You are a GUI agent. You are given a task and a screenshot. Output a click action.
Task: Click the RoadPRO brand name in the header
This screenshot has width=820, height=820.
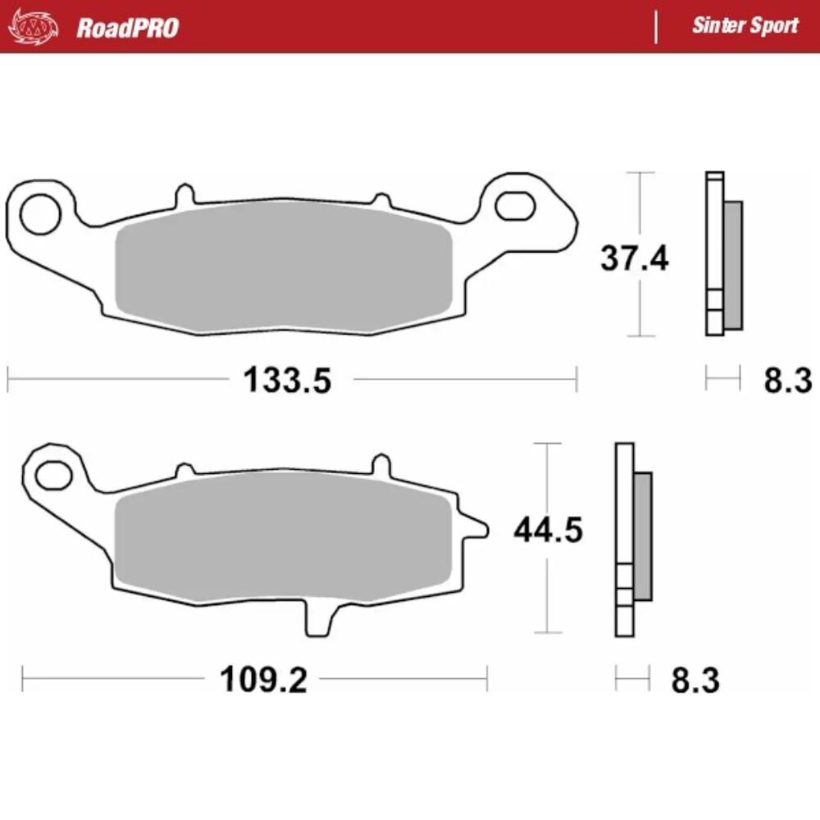click(127, 28)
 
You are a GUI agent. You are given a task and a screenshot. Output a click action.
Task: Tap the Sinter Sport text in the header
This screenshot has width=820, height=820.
click(745, 25)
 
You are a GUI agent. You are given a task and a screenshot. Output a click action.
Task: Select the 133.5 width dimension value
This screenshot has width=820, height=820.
click(287, 380)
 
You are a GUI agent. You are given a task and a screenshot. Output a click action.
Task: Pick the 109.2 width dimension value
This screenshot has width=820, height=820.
click(263, 680)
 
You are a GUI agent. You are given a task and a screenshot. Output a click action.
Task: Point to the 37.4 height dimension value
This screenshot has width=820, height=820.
click(634, 259)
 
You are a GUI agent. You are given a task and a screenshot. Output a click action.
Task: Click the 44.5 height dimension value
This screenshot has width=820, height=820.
click(548, 531)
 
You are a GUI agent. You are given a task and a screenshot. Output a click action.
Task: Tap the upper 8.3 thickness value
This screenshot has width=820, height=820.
click(787, 380)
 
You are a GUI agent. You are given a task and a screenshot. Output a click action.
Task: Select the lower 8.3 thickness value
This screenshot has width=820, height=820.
click(695, 681)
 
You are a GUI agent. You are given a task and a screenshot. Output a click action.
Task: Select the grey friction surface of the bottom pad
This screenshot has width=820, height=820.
click(283, 545)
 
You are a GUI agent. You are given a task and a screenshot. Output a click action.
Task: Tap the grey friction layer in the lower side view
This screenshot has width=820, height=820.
click(643, 535)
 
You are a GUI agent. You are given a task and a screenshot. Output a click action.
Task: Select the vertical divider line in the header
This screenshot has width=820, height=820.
click(656, 26)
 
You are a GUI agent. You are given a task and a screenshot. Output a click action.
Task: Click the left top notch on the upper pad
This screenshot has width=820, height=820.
click(185, 195)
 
